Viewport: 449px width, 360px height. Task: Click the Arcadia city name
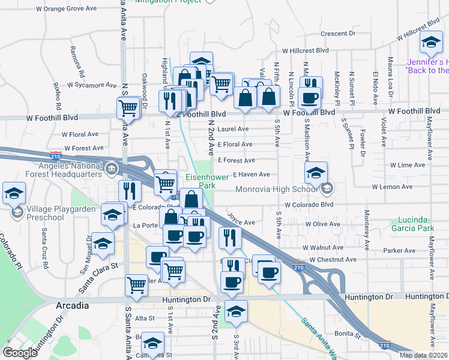point(73,305)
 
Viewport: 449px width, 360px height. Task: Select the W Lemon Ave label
point(392,187)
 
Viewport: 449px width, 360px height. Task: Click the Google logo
point(20,353)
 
